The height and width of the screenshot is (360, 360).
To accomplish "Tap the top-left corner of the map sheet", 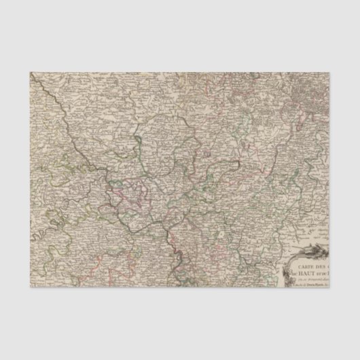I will (x=29, y=69).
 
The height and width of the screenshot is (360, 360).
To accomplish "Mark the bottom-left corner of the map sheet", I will (x=29, y=290).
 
